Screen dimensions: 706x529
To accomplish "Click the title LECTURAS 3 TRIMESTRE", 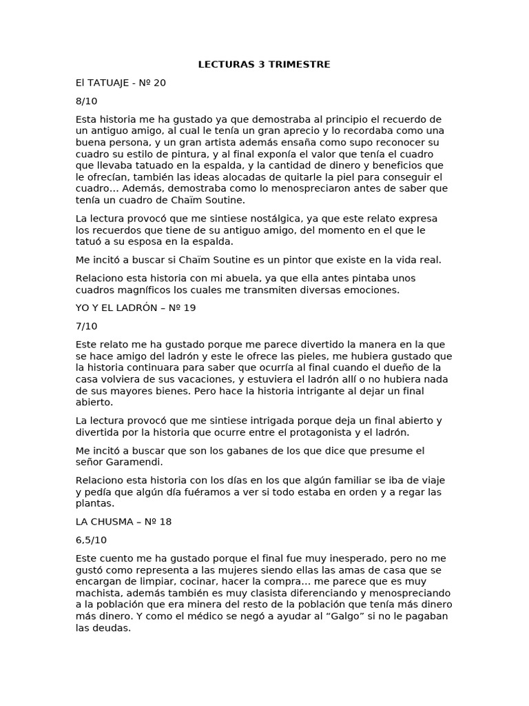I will click(x=264, y=65).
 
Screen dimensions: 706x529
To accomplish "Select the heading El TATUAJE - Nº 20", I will click(x=121, y=83).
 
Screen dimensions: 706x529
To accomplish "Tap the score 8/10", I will click(x=87, y=101).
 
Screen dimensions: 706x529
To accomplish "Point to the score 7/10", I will click(x=87, y=326).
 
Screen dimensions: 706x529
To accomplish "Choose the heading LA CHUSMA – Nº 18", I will click(x=123, y=522).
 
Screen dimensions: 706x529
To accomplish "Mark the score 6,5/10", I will click(x=91, y=540).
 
